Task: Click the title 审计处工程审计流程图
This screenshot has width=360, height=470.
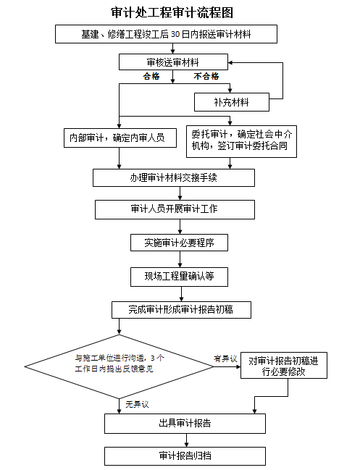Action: [x=172, y=12]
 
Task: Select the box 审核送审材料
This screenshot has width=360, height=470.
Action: [x=173, y=62]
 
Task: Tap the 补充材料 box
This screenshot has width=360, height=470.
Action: [x=232, y=102]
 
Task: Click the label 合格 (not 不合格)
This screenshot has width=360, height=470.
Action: [x=151, y=76]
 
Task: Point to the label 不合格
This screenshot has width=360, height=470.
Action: [x=206, y=76]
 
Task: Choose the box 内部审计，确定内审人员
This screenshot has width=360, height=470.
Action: [x=120, y=138]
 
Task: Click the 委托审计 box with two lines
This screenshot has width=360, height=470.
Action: [x=242, y=141]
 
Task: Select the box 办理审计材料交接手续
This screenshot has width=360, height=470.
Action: [x=174, y=177]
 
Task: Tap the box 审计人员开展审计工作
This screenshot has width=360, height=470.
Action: [x=175, y=209]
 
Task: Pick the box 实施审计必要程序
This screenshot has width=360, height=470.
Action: [x=179, y=243]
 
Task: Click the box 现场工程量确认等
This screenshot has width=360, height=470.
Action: [x=179, y=276]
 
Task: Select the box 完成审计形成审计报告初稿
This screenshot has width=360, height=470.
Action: [x=181, y=310]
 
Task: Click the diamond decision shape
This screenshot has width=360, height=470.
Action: [x=119, y=366]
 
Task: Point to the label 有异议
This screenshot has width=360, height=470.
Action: [x=225, y=358]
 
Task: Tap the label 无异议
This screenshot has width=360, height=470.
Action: [x=137, y=404]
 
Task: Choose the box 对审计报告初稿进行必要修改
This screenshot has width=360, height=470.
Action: [x=283, y=366]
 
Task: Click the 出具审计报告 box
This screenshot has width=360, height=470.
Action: [x=185, y=424]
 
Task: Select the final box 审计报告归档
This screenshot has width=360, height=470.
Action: [x=185, y=456]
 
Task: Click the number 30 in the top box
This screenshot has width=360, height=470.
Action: [x=175, y=34]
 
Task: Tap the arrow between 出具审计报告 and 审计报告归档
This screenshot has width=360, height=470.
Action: [x=186, y=440]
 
